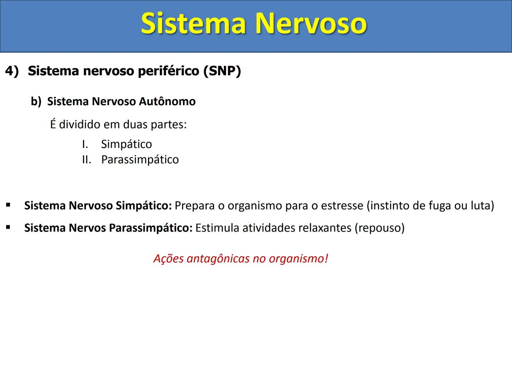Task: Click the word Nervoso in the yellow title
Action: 311,23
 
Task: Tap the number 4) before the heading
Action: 12,71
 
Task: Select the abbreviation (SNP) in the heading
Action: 222,71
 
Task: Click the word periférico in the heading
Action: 169,71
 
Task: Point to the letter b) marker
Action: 36,101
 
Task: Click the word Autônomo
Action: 167,101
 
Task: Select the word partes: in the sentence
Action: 169,124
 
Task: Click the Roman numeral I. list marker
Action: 85,144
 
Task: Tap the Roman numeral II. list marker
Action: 86,159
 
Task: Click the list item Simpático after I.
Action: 126,144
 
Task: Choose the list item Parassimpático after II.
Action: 140,159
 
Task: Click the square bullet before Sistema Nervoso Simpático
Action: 8,205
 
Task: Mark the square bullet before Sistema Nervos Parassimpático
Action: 8,227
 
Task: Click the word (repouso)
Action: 379,228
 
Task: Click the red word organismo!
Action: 298,258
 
